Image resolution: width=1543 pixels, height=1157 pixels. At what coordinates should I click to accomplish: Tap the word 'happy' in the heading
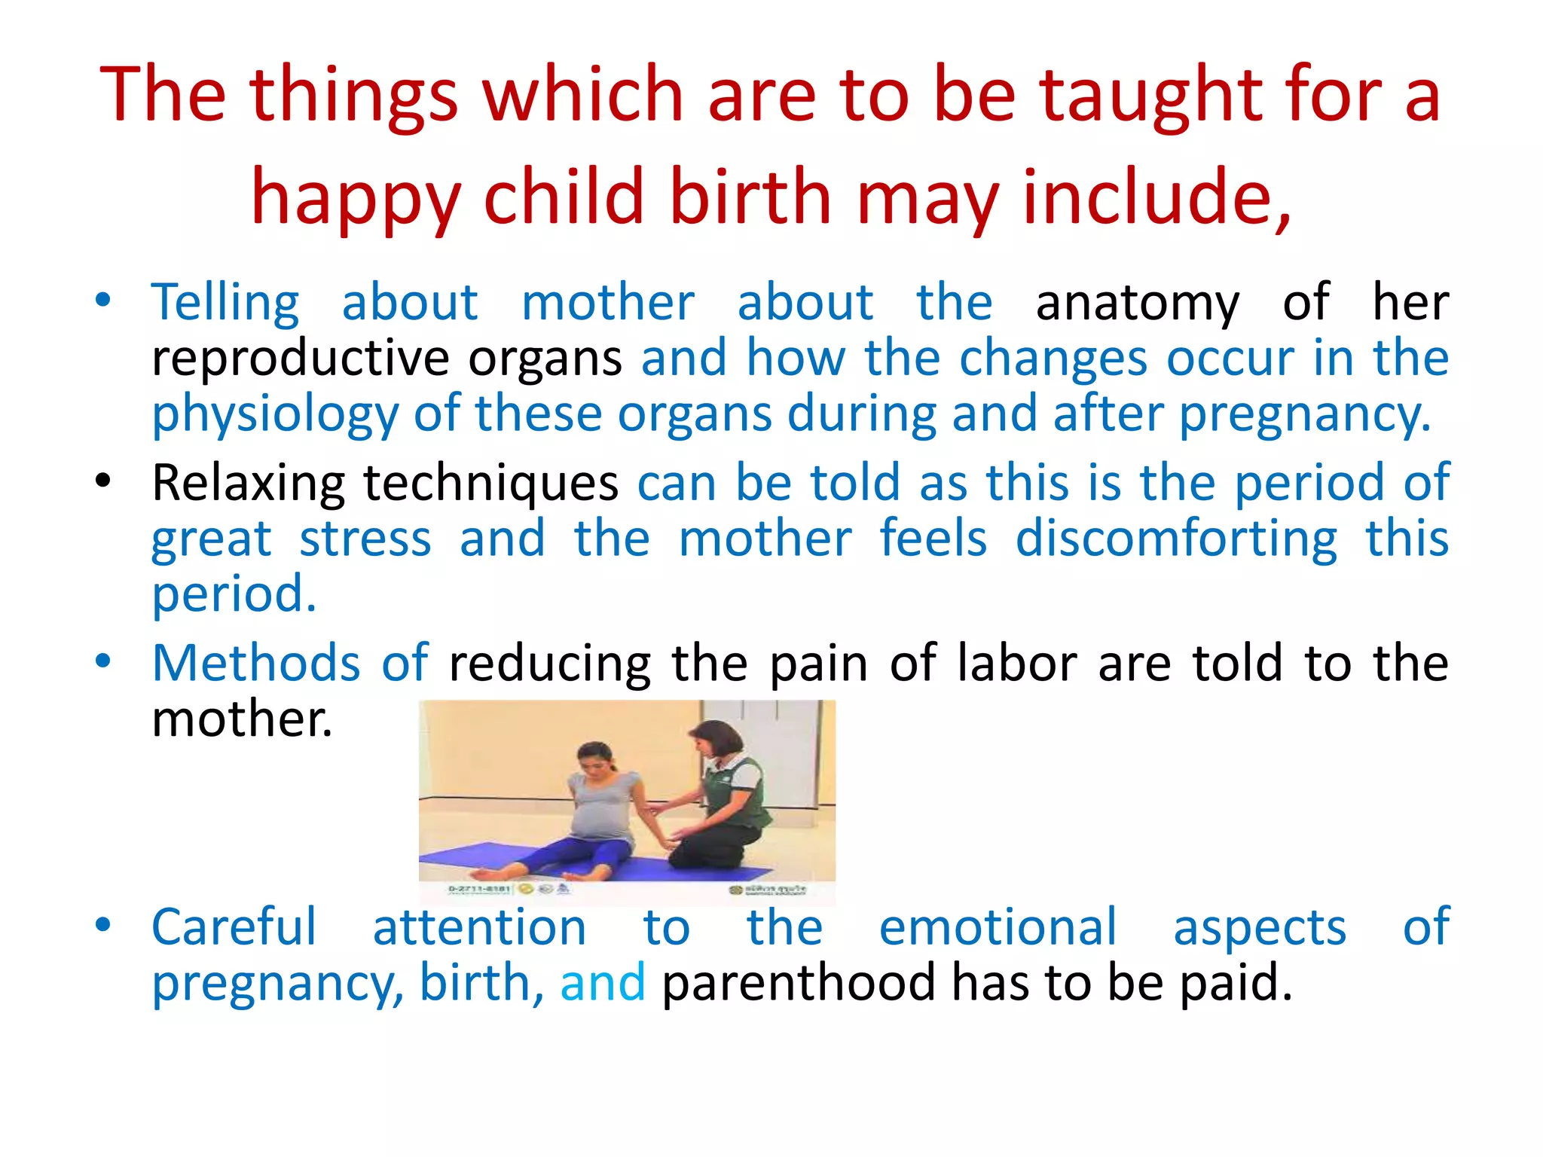click(355, 199)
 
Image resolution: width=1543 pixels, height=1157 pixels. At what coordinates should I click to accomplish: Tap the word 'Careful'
click(234, 928)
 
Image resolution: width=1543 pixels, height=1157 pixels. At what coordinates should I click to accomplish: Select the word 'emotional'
click(998, 928)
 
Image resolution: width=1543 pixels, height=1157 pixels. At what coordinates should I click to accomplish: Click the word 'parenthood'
click(798, 984)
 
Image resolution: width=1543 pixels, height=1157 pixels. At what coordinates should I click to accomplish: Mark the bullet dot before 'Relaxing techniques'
click(103, 480)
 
